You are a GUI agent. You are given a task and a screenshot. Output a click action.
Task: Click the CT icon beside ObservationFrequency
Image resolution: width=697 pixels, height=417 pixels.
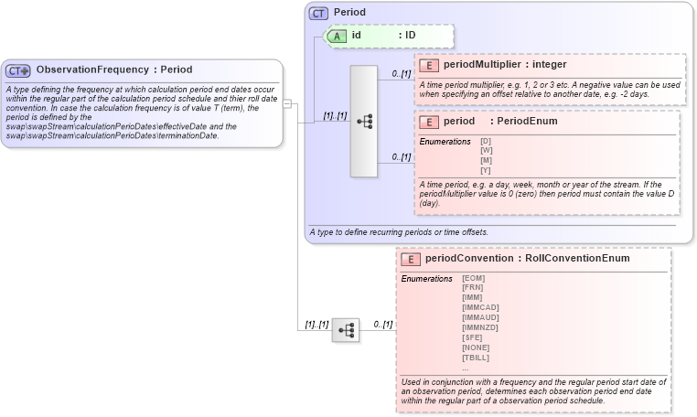(x=19, y=70)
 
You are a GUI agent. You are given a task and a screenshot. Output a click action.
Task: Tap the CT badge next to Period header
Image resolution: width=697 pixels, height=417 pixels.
(x=318, y=13)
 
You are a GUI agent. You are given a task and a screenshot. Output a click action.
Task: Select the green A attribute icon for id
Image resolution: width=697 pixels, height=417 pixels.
(x=336, y=36)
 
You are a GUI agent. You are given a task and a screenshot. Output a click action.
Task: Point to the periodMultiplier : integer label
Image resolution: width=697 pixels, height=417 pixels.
(x=505, y=65)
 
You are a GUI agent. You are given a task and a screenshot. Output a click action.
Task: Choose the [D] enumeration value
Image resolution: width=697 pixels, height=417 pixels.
(x=487, y=141)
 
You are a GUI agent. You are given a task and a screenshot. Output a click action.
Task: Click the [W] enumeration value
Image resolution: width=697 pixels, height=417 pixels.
(x=487, y=150)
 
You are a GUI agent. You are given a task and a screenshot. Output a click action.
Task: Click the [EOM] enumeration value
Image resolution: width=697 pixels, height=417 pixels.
(x=474, y=278)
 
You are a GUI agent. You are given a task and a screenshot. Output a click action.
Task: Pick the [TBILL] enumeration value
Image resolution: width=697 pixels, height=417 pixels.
(x=476, y=358)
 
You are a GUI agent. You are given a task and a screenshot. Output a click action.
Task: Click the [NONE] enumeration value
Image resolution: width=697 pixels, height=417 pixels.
(x=475, y=347)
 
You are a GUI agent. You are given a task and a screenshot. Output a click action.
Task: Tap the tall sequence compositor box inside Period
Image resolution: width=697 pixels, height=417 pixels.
(x=364, y=121)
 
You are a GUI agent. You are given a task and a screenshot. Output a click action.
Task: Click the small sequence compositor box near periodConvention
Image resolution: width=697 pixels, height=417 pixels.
(x=345, y=331)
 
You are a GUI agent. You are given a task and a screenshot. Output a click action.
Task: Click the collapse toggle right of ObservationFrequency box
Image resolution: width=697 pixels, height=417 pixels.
(x=287, y=103)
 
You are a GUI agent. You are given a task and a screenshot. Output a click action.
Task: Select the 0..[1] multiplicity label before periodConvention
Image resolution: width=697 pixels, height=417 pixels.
(x=381, y=325)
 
